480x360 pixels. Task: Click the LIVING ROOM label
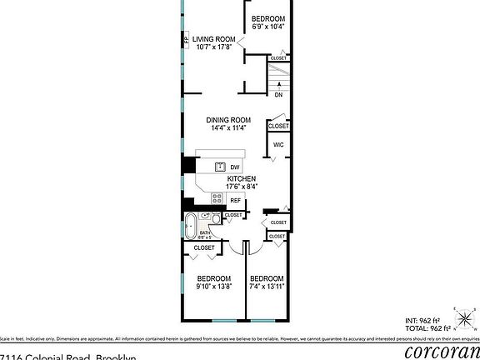[214, 38]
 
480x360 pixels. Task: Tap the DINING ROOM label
[228, 120]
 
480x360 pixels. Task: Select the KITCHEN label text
[241, 179]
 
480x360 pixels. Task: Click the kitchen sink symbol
[221, 167]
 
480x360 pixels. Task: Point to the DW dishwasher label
[235, 167]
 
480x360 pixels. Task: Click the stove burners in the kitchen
[217, 199]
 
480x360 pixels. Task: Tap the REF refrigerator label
[235, 200]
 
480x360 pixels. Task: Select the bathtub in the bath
[192, 224]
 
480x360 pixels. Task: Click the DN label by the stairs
[278, 94]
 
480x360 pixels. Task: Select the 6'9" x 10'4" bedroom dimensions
[268, 27]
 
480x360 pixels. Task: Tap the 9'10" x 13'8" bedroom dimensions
[214, 287]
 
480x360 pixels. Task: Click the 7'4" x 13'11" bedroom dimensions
[267, 287]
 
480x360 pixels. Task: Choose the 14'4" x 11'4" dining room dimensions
[228, 128]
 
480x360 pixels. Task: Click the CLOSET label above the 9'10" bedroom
[204, 248]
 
